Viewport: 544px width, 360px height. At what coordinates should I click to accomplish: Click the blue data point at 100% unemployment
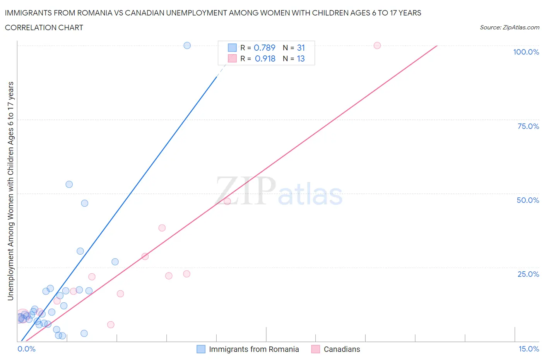click(187, 45)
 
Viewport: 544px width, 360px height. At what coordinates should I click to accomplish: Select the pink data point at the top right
click(377, 45)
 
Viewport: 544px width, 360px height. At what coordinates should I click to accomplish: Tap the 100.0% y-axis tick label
click(526, 52)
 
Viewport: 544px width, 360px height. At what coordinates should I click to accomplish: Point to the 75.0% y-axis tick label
click(528, 126)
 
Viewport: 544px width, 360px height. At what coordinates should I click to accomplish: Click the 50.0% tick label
click(528, 200)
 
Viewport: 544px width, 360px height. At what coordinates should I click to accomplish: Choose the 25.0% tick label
click(528, 274)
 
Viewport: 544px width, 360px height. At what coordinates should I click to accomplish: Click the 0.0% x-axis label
click(26, 349)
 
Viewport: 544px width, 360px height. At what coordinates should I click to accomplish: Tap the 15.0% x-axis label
click(529, 349)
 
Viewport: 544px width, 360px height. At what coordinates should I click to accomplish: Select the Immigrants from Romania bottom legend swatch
click(201, 349)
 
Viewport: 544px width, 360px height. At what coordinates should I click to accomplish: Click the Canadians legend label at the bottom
click(342, 349)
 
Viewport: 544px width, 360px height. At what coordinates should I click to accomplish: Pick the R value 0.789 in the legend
click(265, 48)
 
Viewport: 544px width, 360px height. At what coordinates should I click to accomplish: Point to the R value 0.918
click(265, 58)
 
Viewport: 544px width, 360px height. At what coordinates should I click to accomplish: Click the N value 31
click(301, 48)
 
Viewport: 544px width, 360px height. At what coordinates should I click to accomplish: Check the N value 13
click(301, 58)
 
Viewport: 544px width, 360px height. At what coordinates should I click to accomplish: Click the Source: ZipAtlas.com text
click(509, 27)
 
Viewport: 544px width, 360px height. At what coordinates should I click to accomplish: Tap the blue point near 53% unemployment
click(69, 184)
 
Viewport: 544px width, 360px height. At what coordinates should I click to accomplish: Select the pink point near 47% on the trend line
click(227, 201)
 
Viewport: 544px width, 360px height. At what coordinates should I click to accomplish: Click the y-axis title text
click(11, 191)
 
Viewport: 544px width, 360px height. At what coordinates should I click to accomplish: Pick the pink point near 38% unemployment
click(162, 228)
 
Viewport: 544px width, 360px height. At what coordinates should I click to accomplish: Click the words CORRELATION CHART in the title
click(44, 27)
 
